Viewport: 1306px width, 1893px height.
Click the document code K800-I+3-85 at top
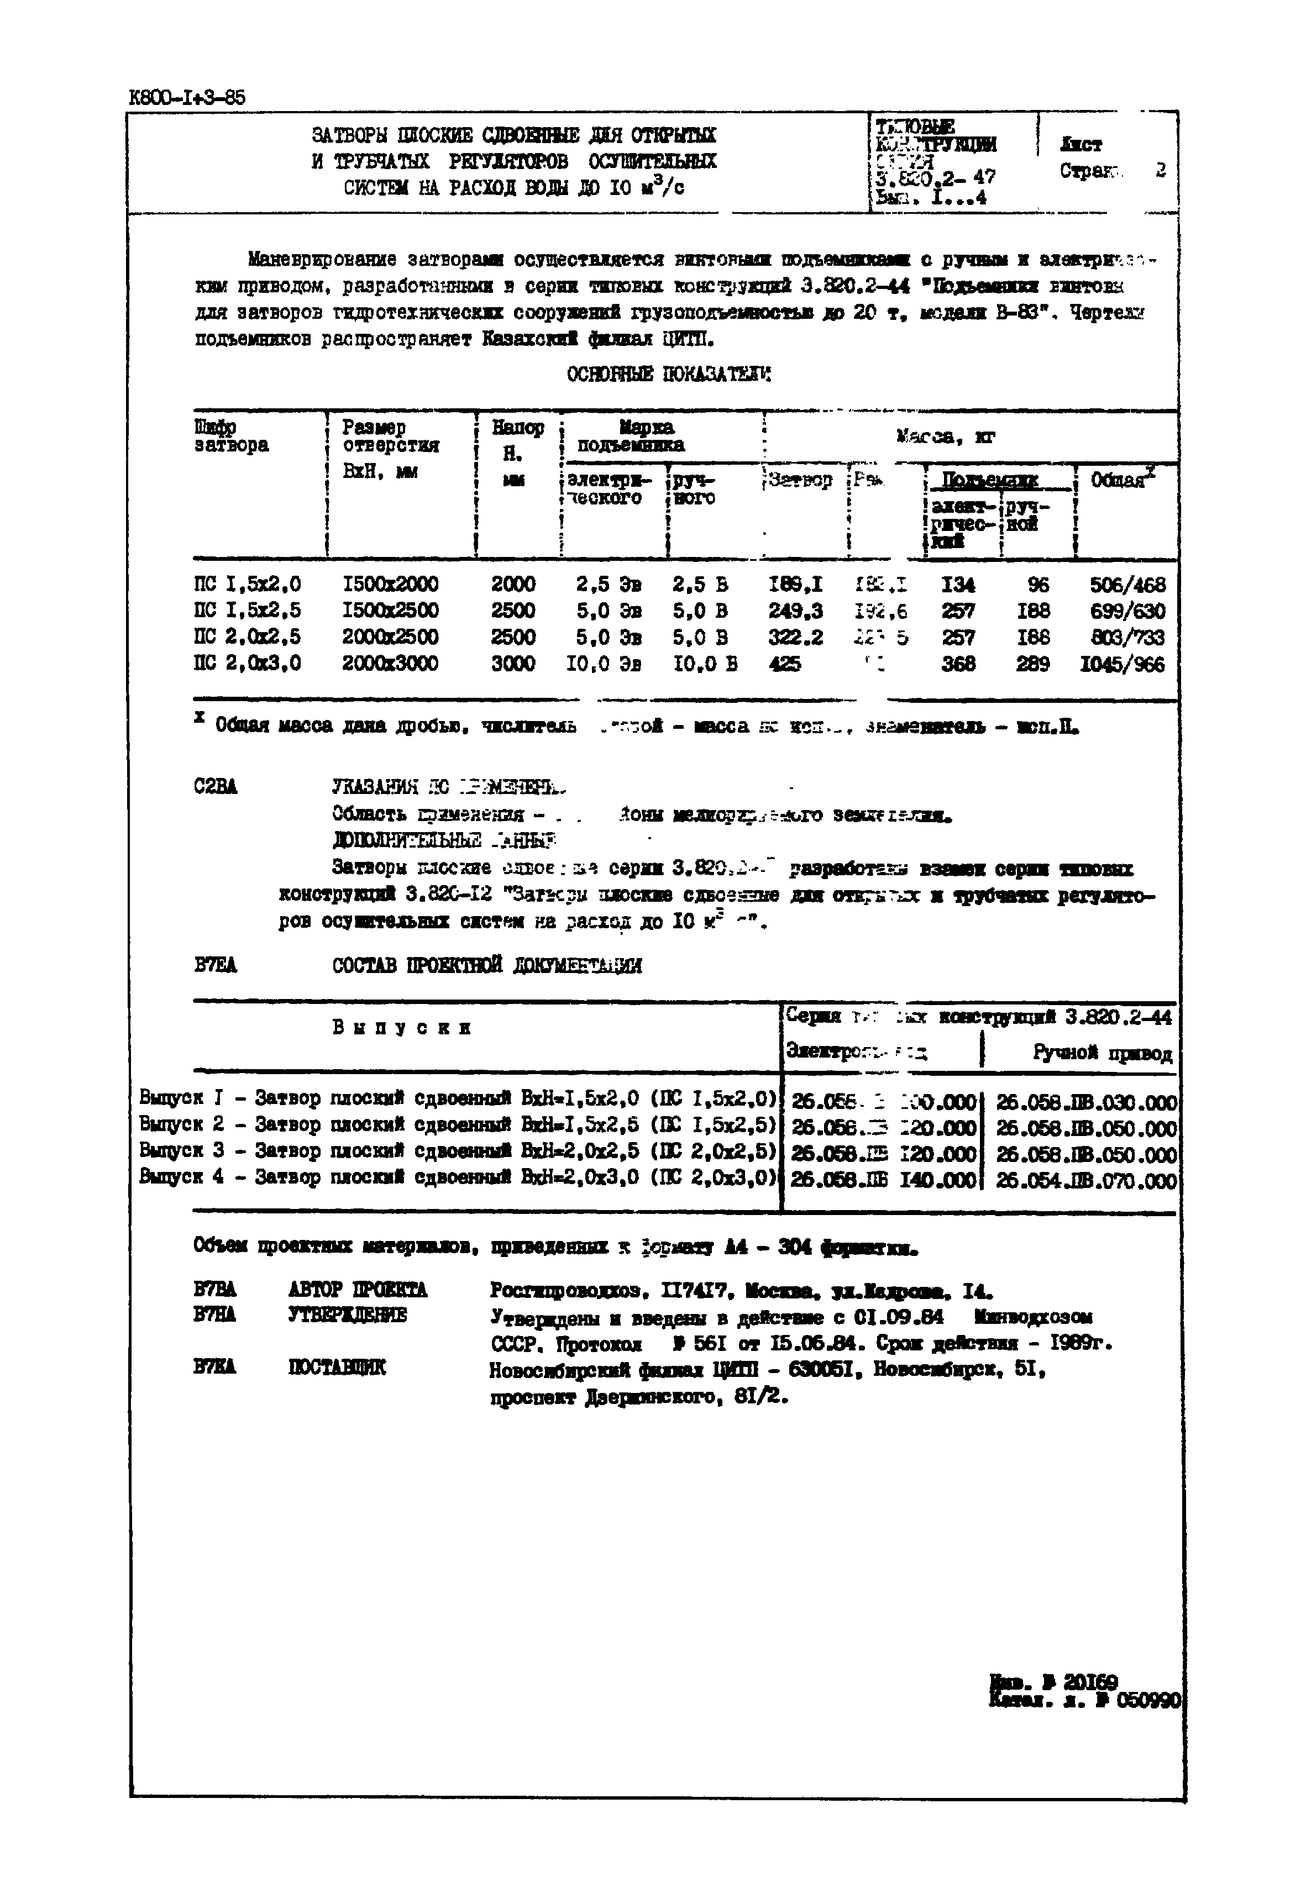[x=187, y=97]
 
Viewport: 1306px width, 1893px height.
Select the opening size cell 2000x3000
[x=390, y=664]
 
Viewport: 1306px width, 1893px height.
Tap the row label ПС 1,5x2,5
[x=247, y=610]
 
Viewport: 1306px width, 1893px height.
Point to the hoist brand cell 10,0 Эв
[x=604, y=664]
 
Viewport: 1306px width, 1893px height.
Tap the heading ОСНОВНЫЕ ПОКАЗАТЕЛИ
[x=669, y=375]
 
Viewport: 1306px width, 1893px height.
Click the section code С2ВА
[x=216, y=787]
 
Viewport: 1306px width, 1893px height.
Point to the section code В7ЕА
[x=216, y=965]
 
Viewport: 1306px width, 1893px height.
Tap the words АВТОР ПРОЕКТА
[x=358, y=1290]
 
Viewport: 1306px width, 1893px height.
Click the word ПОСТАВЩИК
[x=337, y=1367]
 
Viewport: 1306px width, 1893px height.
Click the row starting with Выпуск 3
[x=457, y=1154]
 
